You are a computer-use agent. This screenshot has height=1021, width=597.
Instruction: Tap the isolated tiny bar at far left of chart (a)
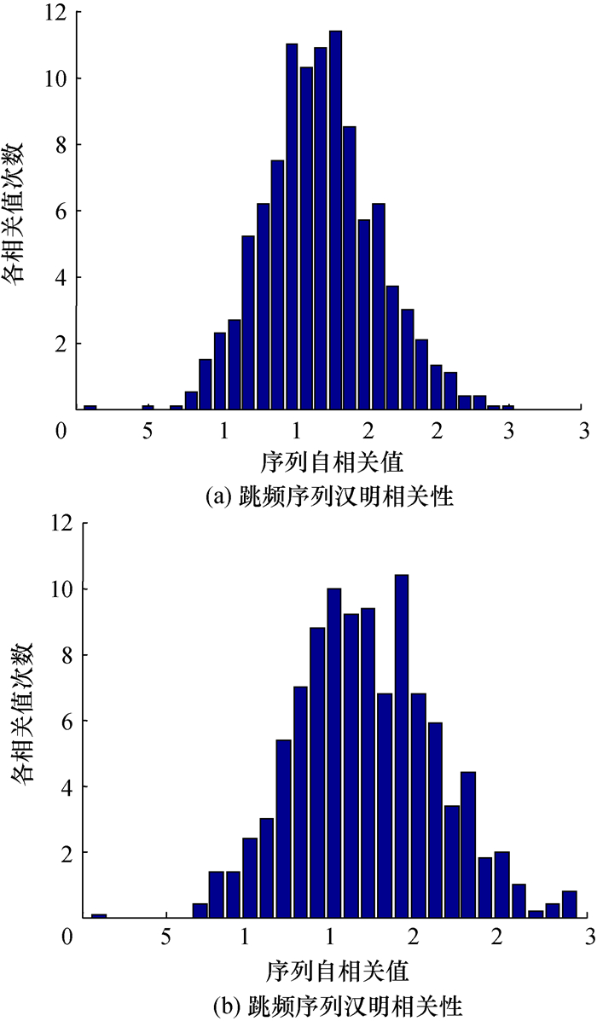(x=90, y=407)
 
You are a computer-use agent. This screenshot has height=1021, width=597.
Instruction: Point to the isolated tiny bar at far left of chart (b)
(x=99, y=916)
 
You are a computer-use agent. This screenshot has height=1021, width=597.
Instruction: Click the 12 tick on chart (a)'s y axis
(x=55, y=13)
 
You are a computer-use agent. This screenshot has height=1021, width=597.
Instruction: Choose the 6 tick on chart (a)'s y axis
(x=59, y=212)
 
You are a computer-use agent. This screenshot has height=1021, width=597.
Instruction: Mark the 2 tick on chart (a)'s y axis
(x=59, y=344)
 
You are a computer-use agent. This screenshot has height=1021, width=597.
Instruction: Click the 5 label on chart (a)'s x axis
(x=147, y=432)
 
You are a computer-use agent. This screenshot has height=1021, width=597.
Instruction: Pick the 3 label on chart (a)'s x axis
(x=583, y=432)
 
